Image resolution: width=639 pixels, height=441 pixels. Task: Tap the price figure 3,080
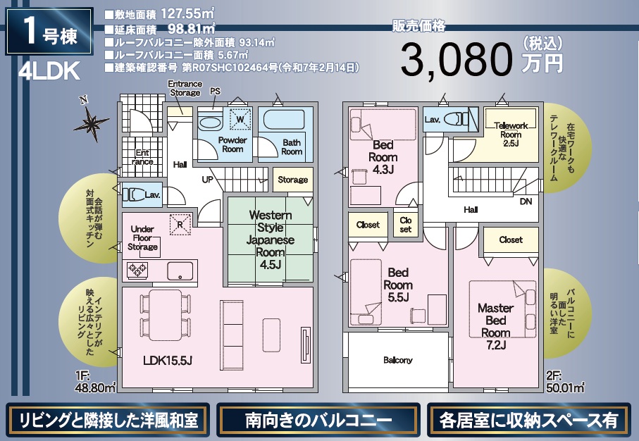(457, 60)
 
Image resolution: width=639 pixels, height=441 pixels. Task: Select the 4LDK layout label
(49, 71)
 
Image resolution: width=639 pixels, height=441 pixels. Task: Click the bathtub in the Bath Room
(284, 120)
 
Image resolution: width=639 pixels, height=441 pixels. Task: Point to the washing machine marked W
(240, 120)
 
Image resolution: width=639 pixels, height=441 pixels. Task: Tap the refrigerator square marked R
(180, 225)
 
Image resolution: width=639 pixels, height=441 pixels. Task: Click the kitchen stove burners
(137, 270)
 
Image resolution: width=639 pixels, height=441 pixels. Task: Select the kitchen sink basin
(180, 271)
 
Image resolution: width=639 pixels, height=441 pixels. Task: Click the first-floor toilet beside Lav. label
(133, 194)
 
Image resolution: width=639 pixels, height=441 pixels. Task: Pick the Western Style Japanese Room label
(271, 240)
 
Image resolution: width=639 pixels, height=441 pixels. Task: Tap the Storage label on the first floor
(292, 180)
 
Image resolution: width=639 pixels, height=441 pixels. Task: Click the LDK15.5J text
(168, 360)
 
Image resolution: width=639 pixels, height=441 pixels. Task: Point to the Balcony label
(398, 360)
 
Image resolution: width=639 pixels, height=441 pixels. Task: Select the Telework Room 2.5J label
(511, 134)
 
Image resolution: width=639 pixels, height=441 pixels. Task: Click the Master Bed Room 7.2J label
(495, 326)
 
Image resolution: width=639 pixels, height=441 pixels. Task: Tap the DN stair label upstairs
(526, 201)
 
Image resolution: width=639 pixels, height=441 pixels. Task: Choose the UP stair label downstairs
(207, 180)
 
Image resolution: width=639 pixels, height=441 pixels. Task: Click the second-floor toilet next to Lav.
(456, 119)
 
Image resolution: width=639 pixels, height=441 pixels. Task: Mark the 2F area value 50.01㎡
(565, 387)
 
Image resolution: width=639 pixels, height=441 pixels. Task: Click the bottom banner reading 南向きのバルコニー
(318, 420)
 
